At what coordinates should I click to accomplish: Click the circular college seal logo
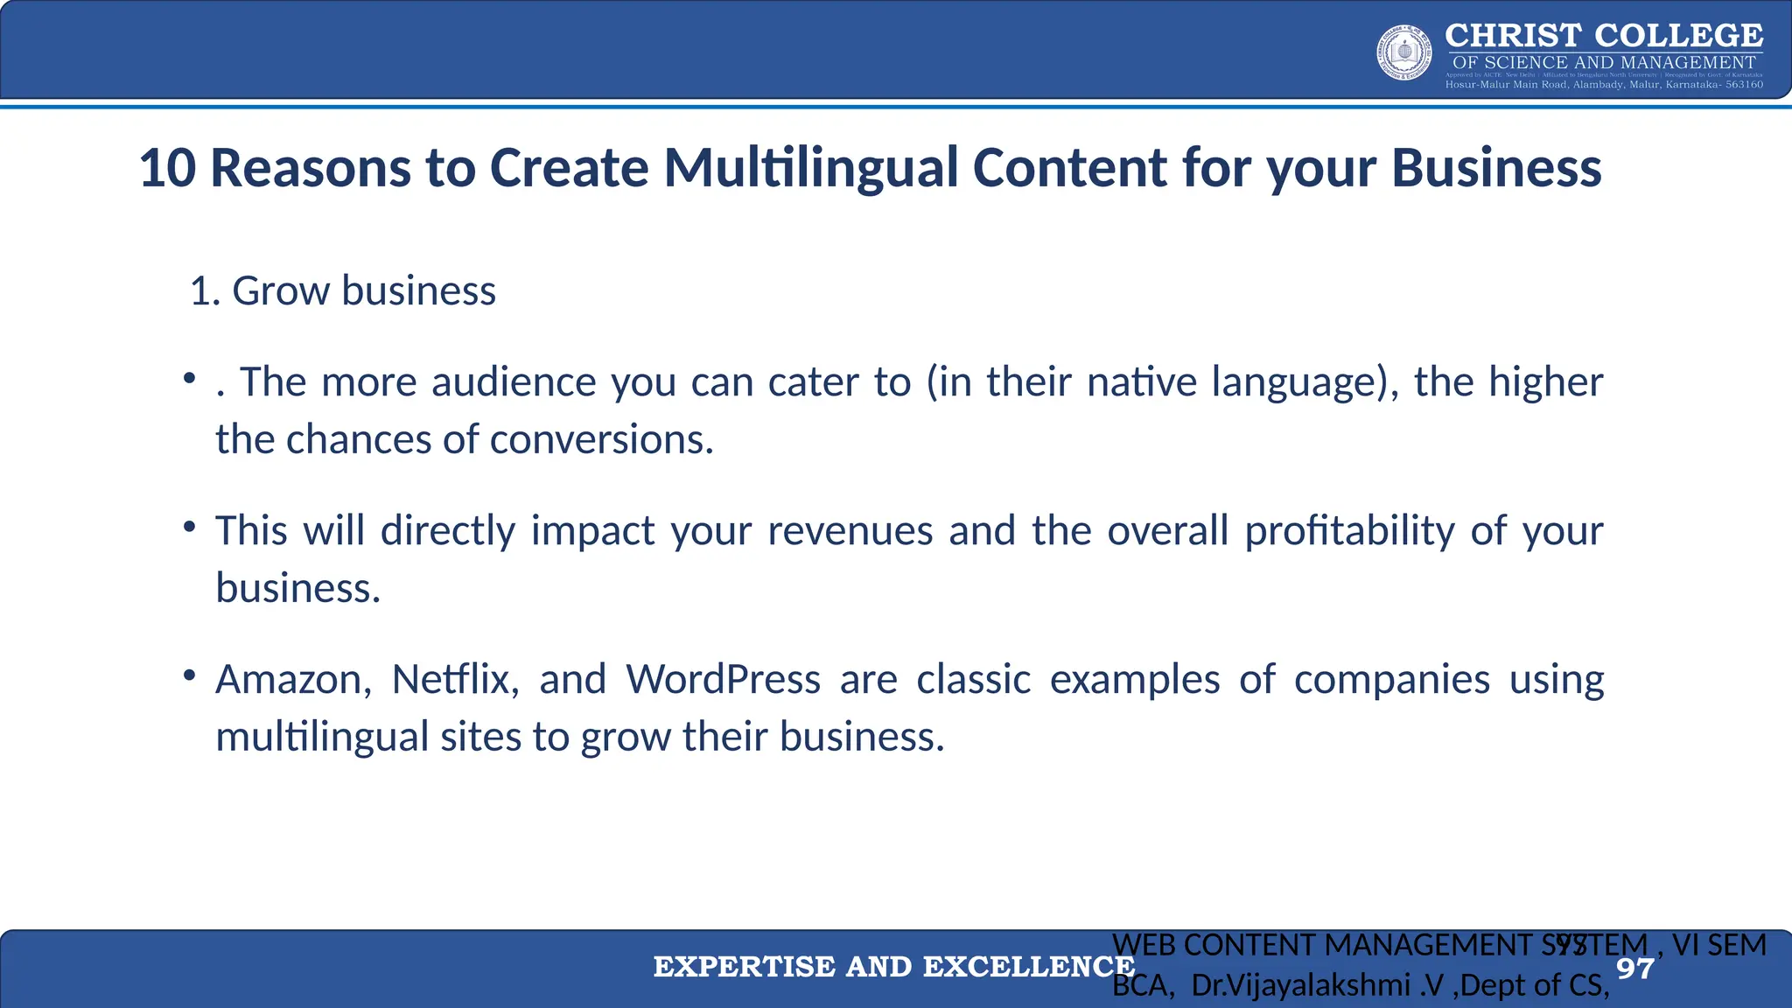tap(1404, 52)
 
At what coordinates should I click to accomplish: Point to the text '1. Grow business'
tap(343, 290)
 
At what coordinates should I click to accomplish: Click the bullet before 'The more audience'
tap(189, 378)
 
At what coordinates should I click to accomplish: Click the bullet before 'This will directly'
tap(189, 527)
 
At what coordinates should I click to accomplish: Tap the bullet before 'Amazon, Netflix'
tap(189, 675)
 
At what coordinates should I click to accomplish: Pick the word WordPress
tap(723, 680)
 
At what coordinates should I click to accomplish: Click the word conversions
tap(601, 439)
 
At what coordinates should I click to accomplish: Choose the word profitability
tap(1349, 531)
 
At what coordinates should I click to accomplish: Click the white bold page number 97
tap(1634, 969)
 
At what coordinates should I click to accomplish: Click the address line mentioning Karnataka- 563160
tap(1604, 85)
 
